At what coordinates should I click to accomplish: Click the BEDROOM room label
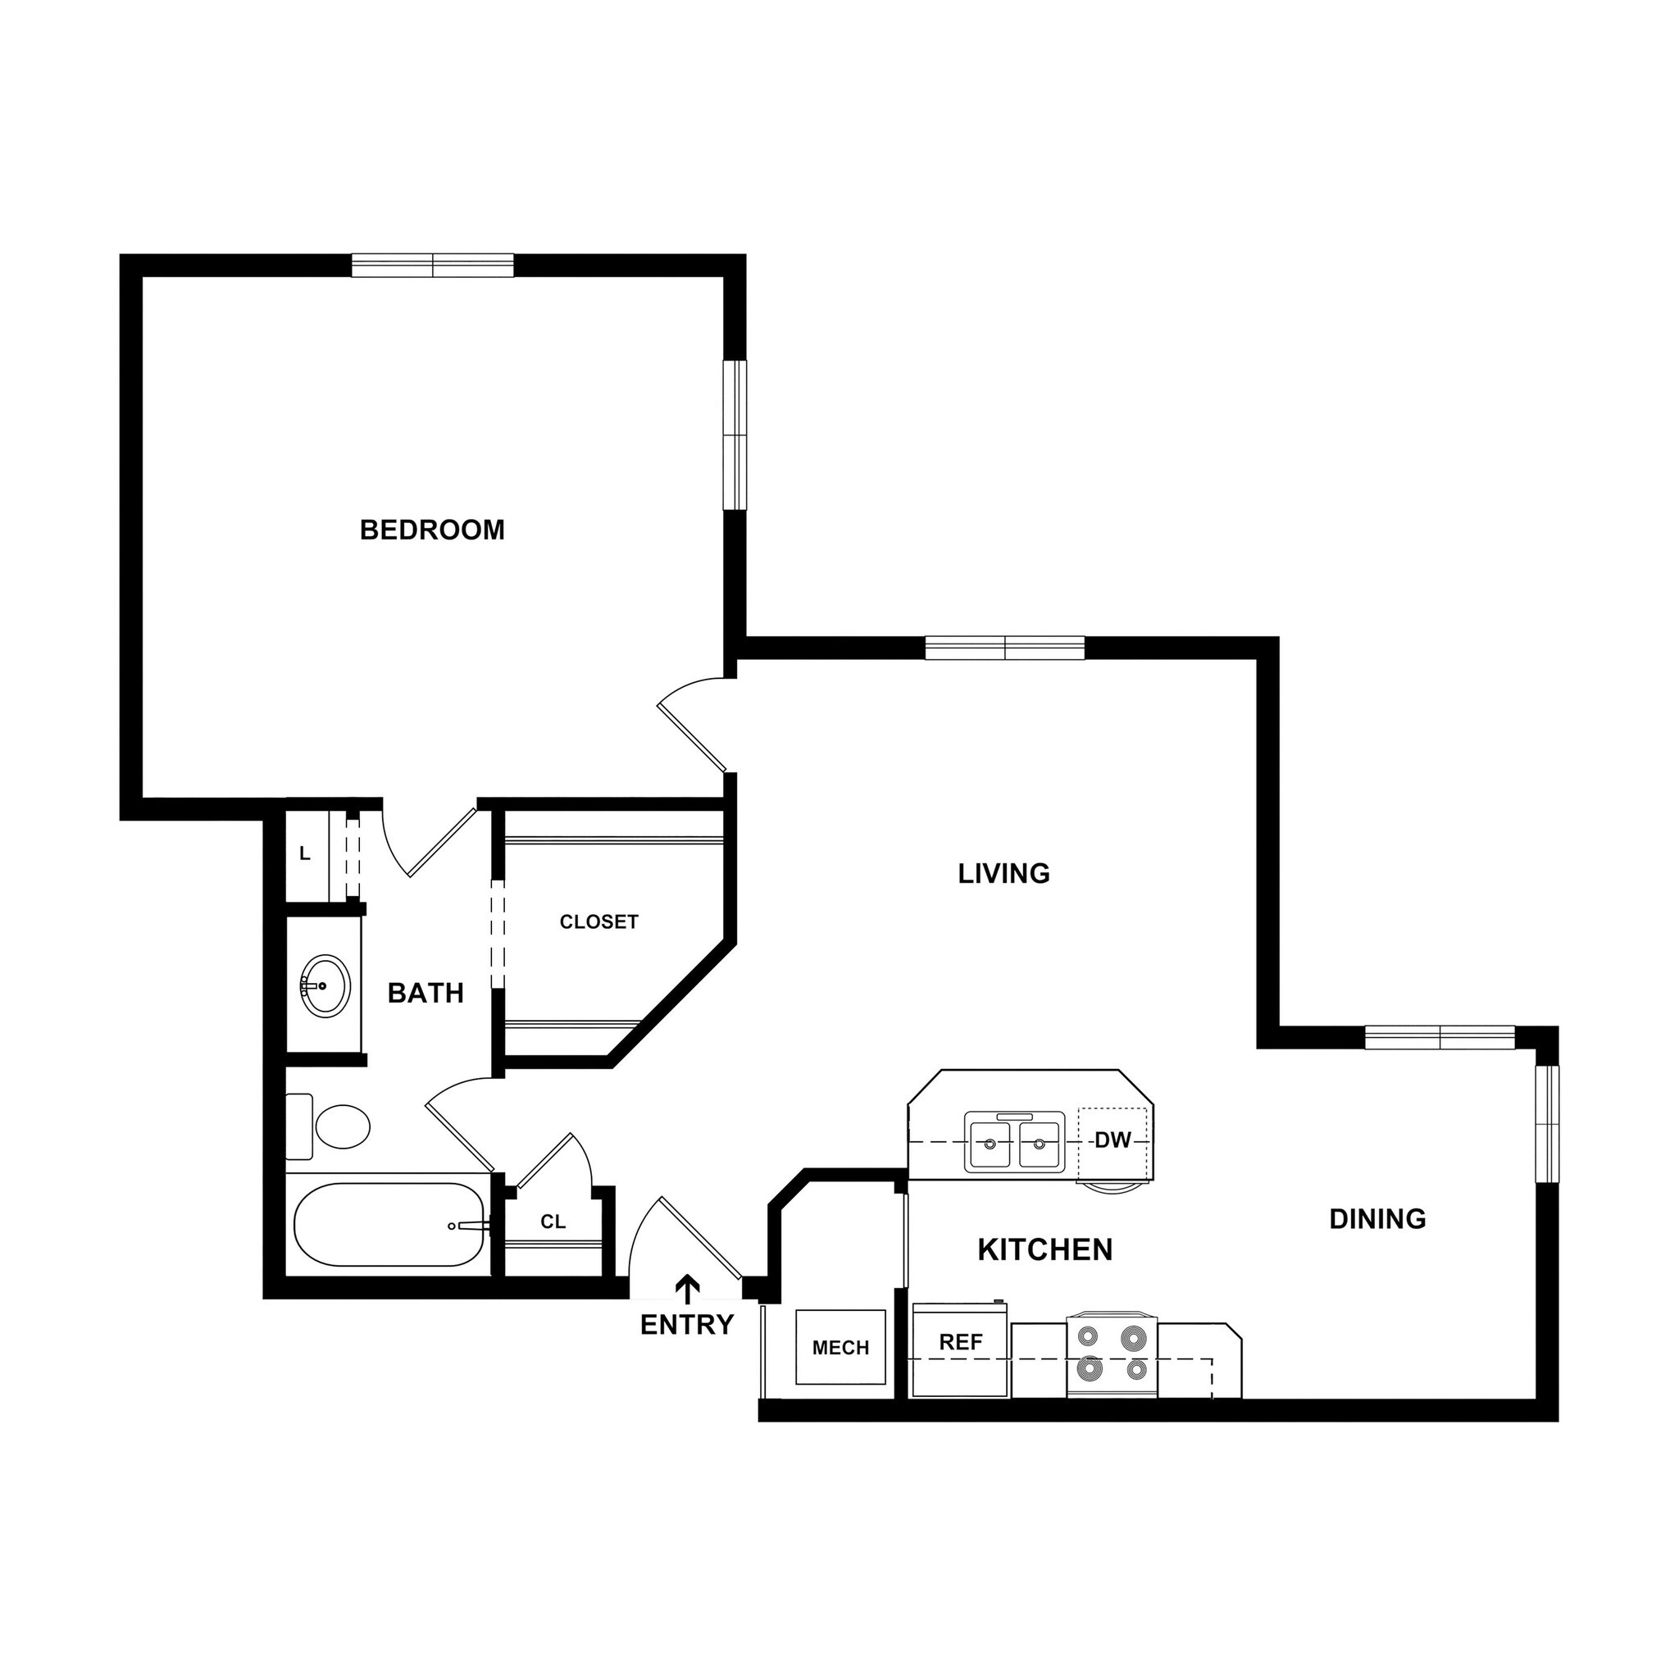432,530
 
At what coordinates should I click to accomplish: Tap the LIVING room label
1003,873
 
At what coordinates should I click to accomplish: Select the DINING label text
1377,1219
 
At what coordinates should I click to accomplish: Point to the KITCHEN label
1044,1249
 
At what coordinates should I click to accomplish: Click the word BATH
425,994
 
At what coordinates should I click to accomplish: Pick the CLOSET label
598,922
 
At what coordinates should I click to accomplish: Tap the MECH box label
840,1348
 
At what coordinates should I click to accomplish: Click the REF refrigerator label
960,1343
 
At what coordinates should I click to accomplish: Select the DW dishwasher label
1112,1141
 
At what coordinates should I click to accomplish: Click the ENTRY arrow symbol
687,1290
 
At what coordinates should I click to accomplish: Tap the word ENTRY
686,1326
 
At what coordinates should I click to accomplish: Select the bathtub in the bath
389,1225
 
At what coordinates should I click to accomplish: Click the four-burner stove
1112,1355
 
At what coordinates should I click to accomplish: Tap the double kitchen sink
1014,1143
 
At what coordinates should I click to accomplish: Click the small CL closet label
553,1222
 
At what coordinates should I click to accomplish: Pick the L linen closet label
304,854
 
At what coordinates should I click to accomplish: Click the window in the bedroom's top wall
432,265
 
